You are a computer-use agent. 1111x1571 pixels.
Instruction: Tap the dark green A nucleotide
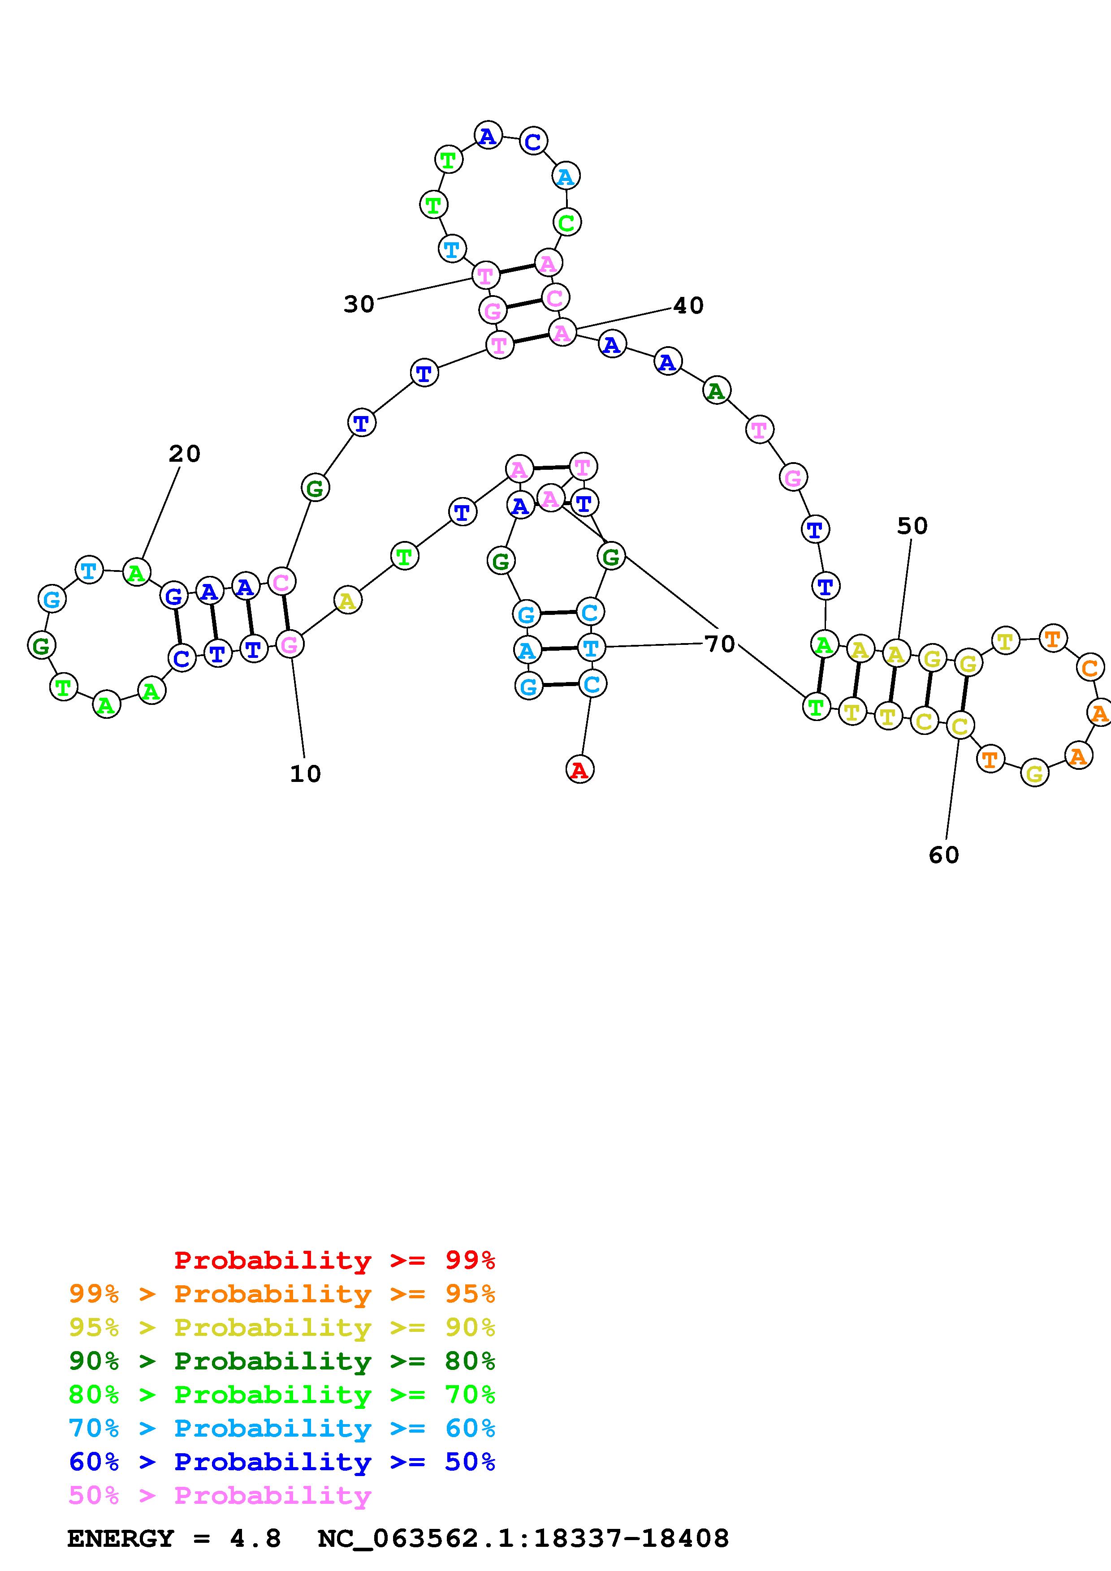716,391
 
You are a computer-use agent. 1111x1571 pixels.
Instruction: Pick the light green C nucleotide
566,223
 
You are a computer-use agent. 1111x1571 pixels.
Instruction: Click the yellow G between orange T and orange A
1034,774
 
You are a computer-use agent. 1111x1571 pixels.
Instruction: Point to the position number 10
305,774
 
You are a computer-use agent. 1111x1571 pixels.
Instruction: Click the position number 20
184,454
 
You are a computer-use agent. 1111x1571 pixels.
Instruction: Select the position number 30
359,304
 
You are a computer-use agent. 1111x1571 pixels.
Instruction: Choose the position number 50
912,526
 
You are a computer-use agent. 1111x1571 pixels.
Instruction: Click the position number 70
719,644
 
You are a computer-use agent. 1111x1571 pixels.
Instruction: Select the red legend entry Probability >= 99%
335,1260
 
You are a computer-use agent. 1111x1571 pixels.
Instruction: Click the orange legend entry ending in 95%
282,1294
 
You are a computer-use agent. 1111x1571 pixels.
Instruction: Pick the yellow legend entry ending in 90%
282,1327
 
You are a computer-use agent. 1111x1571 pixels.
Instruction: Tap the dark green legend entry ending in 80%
282,1361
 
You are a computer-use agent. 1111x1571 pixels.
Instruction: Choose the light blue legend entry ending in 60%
282,1428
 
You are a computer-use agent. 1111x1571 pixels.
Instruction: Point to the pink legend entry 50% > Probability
220,1495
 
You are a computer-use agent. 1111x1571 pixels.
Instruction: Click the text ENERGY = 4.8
174,1538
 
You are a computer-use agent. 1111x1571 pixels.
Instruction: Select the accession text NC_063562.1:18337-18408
523,1538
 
